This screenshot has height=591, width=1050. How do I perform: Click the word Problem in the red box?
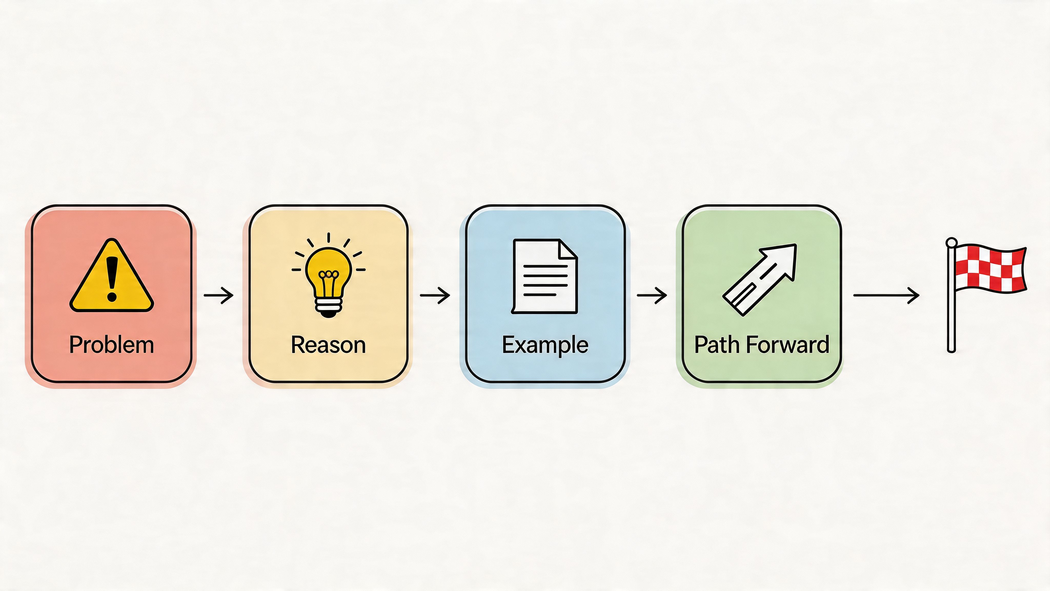tap(111, 345)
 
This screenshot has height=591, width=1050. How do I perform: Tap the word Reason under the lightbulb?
tap(328, 345)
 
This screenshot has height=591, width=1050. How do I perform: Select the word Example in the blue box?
tap(545, 345)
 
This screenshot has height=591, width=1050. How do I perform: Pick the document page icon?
tap(544, 277)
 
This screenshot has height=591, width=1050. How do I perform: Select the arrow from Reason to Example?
tap(435, 295)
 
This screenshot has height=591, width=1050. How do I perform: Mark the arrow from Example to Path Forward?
tap(652, 295)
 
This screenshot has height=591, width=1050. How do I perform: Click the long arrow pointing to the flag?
tap(886, 295)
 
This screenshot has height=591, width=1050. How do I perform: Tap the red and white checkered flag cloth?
tap(991, 268)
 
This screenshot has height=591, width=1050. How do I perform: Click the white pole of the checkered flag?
tap(951, 310)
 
